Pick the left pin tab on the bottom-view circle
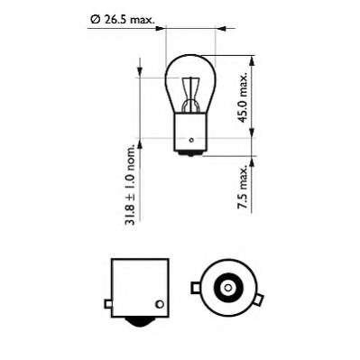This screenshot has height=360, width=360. coord(194,290)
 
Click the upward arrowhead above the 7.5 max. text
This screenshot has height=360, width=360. coord(245,163)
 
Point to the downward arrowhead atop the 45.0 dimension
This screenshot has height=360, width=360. coord(245,65)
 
